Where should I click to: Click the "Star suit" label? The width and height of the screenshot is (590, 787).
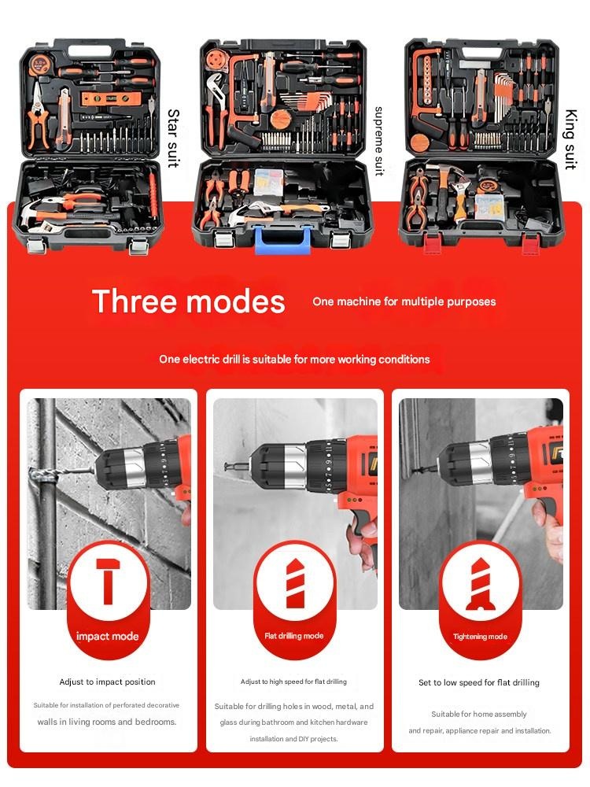click(x=173, y=138)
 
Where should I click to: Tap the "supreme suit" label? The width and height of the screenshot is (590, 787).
click(x=379, y=141)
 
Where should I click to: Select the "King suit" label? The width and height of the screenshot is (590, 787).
click(x=571, y=139)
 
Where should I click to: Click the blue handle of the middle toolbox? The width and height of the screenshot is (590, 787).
click(x=282, y=240)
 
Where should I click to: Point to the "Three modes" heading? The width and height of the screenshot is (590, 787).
click(x=189, y=301)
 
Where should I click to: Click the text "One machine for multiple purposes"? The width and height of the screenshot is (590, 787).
click(x=404, y=301)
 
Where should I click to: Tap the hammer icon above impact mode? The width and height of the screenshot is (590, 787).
click(x=108, y=582)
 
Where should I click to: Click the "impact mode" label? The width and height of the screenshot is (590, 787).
click(x=107, y=637)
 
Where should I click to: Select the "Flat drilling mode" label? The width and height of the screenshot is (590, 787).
click(x=294, y=636)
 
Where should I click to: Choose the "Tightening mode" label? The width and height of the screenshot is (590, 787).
click(x=480, y=637)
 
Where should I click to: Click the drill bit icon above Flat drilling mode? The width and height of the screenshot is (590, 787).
click(x=294, y=582)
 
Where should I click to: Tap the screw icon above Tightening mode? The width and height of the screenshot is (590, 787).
click(x=480, y=583)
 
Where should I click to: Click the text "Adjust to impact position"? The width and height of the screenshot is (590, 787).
click(x=107, y=682)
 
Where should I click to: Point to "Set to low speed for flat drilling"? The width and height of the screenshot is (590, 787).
click(x=479, y=682)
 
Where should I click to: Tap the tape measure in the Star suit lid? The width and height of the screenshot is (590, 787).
click(x=39, y=64)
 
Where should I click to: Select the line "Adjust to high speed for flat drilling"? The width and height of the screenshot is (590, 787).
click(x=293, y=682)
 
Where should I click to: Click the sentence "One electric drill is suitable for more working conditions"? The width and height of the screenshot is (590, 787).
click(x=294, y=360)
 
